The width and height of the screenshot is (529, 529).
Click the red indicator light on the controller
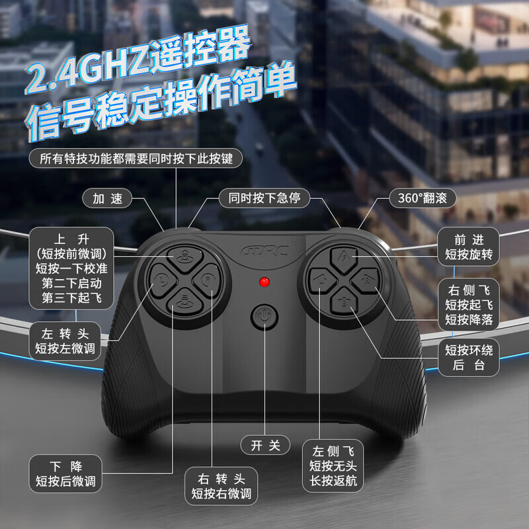(x=264, y=282)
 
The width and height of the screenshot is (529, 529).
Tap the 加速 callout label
(x=107, y=198)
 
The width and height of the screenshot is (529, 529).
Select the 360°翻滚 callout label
(x=423, y=198)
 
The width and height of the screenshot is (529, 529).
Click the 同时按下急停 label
(x=264, y=198)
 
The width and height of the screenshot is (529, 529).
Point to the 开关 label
(x=265, y=445)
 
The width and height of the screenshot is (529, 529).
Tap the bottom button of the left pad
(x=184, y=301)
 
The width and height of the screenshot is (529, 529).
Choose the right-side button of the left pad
(x=207, y=280)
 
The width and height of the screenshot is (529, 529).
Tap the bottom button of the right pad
(x=344, y=301)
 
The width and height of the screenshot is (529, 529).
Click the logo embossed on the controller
(x=264, y=251)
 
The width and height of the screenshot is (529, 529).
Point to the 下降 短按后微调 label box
(x=65, y=473)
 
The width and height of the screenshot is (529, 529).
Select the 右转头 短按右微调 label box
(x=221, y=486)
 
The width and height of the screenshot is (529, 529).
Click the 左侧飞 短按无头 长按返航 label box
(x=333, y=466)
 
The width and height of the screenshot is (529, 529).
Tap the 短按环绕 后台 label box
(x=469, y=357)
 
